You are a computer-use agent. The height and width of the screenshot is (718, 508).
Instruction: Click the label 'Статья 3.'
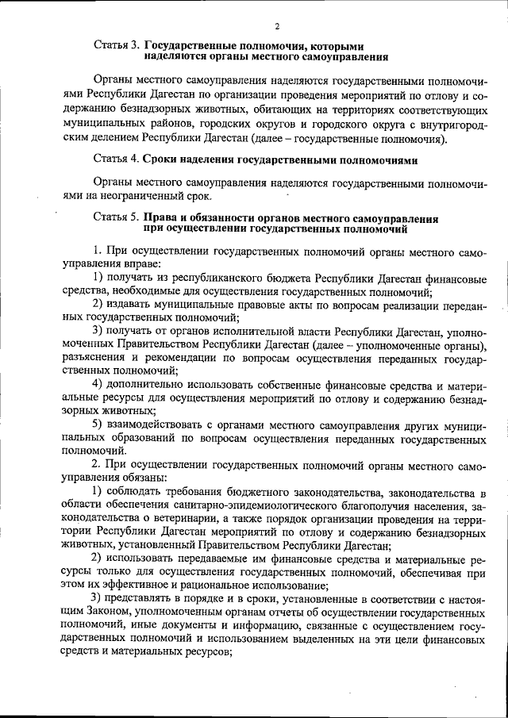coord(117,46)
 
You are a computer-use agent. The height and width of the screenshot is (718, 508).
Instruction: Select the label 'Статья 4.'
coord(117,158)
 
